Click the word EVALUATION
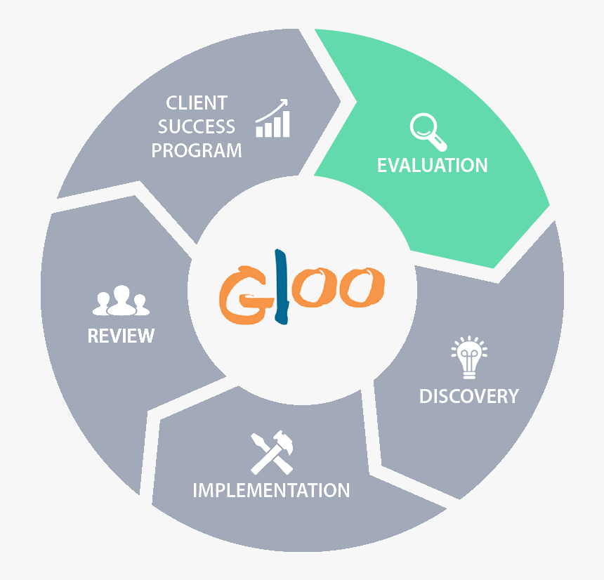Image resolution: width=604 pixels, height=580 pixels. coord(432,166)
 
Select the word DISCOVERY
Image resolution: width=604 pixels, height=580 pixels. coord(468,396)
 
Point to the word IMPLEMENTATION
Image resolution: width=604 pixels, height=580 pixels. coord(271,490)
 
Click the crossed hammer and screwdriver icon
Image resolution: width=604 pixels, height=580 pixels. coord(271,452)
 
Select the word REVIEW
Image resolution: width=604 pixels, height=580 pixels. coord(121,336)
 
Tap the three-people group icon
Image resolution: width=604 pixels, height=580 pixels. coord(121,301)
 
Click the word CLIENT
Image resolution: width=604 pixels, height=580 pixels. coord(197,103)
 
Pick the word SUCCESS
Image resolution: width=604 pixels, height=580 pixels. coord(197,127)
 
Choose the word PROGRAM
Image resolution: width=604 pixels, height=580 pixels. coord(197,151)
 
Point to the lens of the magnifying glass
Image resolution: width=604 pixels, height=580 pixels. coord(422,127)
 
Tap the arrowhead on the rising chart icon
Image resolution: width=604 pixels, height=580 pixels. coord(284,103)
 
